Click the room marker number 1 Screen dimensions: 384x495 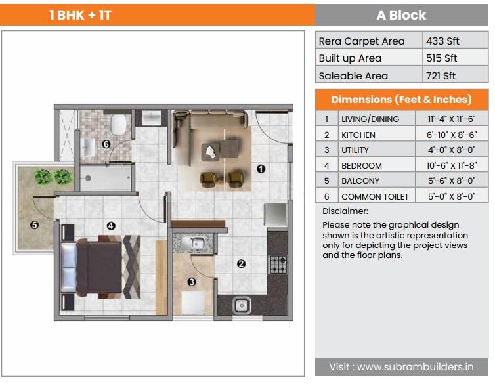point(261,169)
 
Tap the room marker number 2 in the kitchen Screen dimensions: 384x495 point(241,264)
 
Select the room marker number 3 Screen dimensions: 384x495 point(192,282)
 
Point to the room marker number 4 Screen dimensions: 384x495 point(111,226)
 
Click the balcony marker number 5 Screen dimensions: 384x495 point(34,224)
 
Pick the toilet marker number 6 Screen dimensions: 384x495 point(106,144)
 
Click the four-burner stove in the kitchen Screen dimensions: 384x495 point(277,264)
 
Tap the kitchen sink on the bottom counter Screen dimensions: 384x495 point(242,305)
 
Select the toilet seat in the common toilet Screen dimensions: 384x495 point(119,124)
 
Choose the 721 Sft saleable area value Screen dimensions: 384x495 point(441,75)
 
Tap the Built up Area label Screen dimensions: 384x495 point(350,58)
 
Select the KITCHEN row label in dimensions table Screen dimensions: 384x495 point(358,135)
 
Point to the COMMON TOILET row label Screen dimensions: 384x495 point(375,196)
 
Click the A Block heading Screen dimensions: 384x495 point(401,15)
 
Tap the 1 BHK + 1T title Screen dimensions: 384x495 point(80,15)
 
